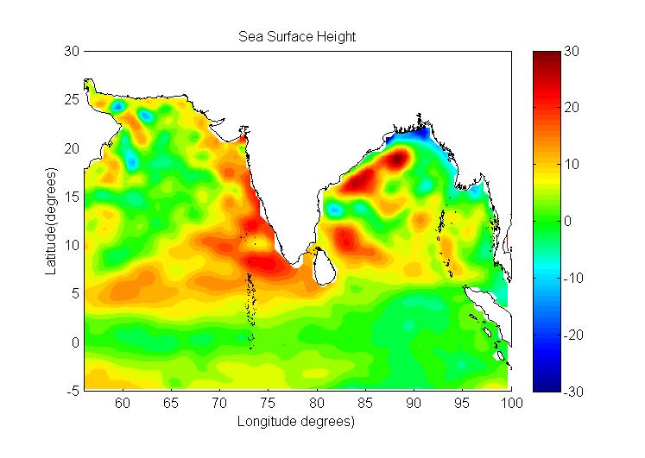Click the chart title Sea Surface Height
point(297,37)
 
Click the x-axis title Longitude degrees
point(297,422)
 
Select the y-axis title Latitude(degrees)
point(51,221)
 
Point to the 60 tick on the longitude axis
point(123,403)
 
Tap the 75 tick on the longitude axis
point(269,403)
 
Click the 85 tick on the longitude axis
point(365,403)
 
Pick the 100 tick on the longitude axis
point(511,403)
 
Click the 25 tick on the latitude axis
point(73,100)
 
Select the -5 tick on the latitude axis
point(73,391)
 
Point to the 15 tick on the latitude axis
point(73,197)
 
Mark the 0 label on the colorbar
point(569,222)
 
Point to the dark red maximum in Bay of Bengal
point(396,160)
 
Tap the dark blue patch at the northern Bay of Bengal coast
point(414,135)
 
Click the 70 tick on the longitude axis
point(219,403)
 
